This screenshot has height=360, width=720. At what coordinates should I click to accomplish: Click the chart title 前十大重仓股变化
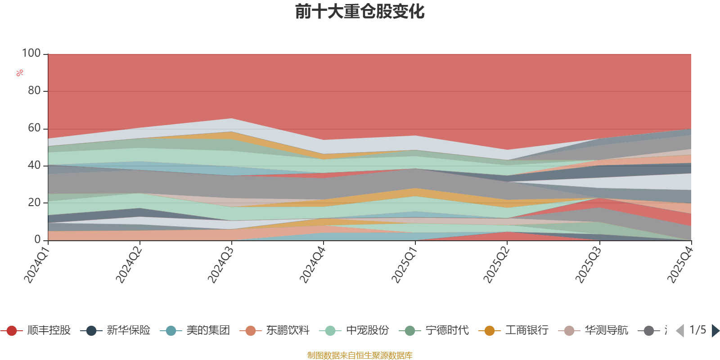coord(360,12)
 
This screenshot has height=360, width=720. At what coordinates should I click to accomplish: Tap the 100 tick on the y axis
coord(31,54)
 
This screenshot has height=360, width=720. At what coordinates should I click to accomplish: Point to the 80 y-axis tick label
coord(34,91)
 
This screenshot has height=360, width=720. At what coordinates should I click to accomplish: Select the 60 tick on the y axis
coord(34,128)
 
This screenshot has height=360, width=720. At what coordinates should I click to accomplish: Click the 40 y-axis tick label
coord(34,166)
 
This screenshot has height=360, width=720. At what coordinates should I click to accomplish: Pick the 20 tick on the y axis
coord(34,203)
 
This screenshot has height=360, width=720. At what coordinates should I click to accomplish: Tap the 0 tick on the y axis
coord(38,240)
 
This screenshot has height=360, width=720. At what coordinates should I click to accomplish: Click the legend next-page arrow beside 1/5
coord(715,331)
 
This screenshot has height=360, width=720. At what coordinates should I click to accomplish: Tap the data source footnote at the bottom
coord(360,355)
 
